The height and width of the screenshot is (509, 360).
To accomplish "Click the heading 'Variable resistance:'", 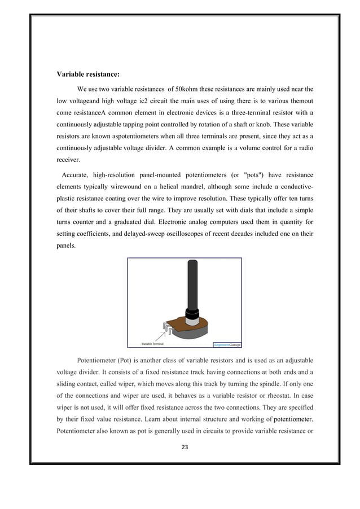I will (87, 74).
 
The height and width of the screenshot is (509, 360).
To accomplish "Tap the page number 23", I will (185, 447).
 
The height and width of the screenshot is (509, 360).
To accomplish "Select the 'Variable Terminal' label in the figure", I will (152, 343).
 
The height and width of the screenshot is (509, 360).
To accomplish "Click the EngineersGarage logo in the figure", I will (227, 344).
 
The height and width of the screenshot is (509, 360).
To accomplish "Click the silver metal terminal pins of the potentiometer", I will (168, 327).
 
